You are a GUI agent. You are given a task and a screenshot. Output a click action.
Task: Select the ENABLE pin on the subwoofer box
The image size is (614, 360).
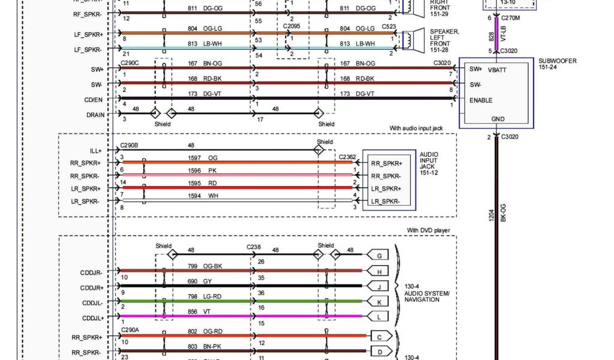coord(481,100)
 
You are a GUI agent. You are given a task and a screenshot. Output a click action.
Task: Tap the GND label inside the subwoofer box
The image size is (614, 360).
coord(498,119)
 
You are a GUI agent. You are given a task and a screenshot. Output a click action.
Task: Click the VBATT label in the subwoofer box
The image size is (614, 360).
coord(498,70)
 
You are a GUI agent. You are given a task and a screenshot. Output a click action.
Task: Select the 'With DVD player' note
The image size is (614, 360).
coord(428,230)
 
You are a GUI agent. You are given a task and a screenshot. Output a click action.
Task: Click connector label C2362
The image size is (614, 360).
coord(347,157)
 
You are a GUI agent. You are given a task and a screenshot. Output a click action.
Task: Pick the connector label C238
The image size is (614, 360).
coord(254,247)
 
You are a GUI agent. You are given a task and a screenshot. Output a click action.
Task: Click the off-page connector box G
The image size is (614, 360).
coord(379,256)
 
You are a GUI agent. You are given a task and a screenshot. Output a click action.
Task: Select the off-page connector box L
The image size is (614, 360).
coord(379,316)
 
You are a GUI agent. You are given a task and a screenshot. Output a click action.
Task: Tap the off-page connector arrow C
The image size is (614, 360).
coord(381,337)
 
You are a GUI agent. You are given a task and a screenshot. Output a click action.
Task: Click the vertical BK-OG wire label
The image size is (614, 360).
coord(503,213)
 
